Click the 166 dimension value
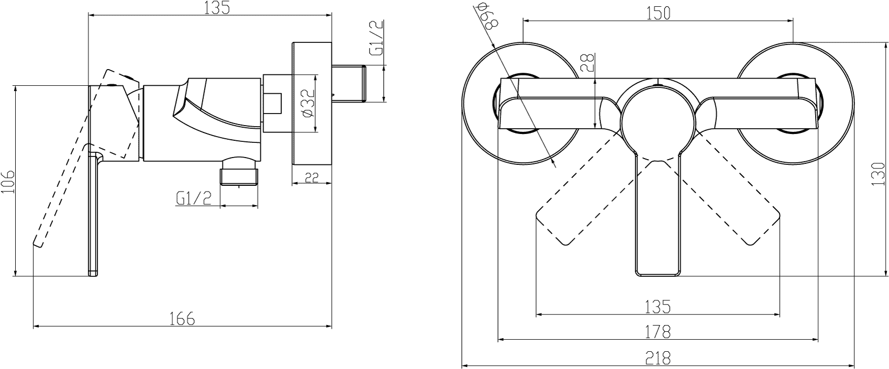183,318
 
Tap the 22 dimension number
312,177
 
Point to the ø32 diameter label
308,103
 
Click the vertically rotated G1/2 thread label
376,38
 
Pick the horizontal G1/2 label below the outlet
194,198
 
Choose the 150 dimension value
658,13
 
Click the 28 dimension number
587,62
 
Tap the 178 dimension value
658,332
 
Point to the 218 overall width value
658,358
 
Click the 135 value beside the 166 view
217,7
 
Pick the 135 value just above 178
658,307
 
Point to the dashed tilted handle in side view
86,159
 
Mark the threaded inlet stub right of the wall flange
349,84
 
